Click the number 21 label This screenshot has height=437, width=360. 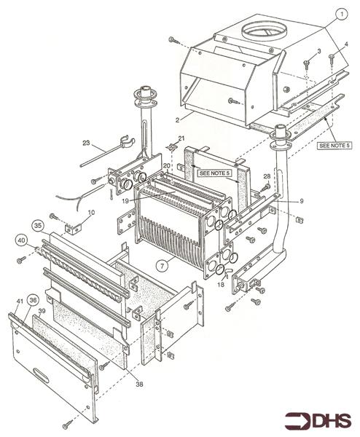point(182,138)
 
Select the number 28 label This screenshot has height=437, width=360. point(267,176)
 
